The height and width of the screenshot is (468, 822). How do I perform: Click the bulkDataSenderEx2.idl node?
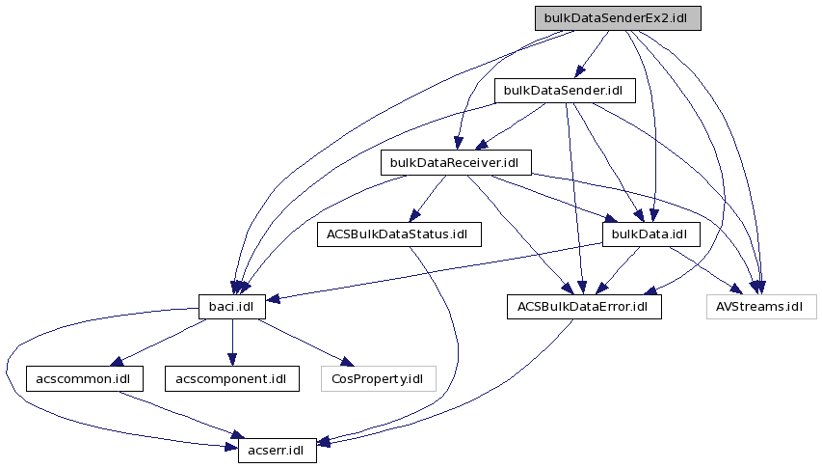[x=618, y=17]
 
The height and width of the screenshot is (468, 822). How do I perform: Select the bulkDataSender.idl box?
[x=564, y=91]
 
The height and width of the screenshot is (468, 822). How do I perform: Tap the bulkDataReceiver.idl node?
[x=456, y=162]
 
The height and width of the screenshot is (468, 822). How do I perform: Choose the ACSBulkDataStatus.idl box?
[x=397, y=234]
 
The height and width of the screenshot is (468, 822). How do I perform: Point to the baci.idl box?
[x=231, y=307]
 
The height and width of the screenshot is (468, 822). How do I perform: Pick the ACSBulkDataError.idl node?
[x=584, y=307]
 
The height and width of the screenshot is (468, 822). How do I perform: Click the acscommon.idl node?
[x=85, y=378]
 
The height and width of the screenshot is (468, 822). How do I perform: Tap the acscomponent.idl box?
[x=231, y=378]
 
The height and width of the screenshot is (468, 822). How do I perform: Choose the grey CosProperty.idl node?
[x=377, y=378]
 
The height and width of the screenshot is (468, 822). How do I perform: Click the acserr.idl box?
[x=277, y=450]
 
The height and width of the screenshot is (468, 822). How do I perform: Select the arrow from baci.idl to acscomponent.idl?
[x=231, y=343]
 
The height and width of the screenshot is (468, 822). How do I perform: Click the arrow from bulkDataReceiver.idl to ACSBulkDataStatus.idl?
[x=428, y=198]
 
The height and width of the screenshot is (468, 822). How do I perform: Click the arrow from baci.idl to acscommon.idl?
[x=159, y=343]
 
